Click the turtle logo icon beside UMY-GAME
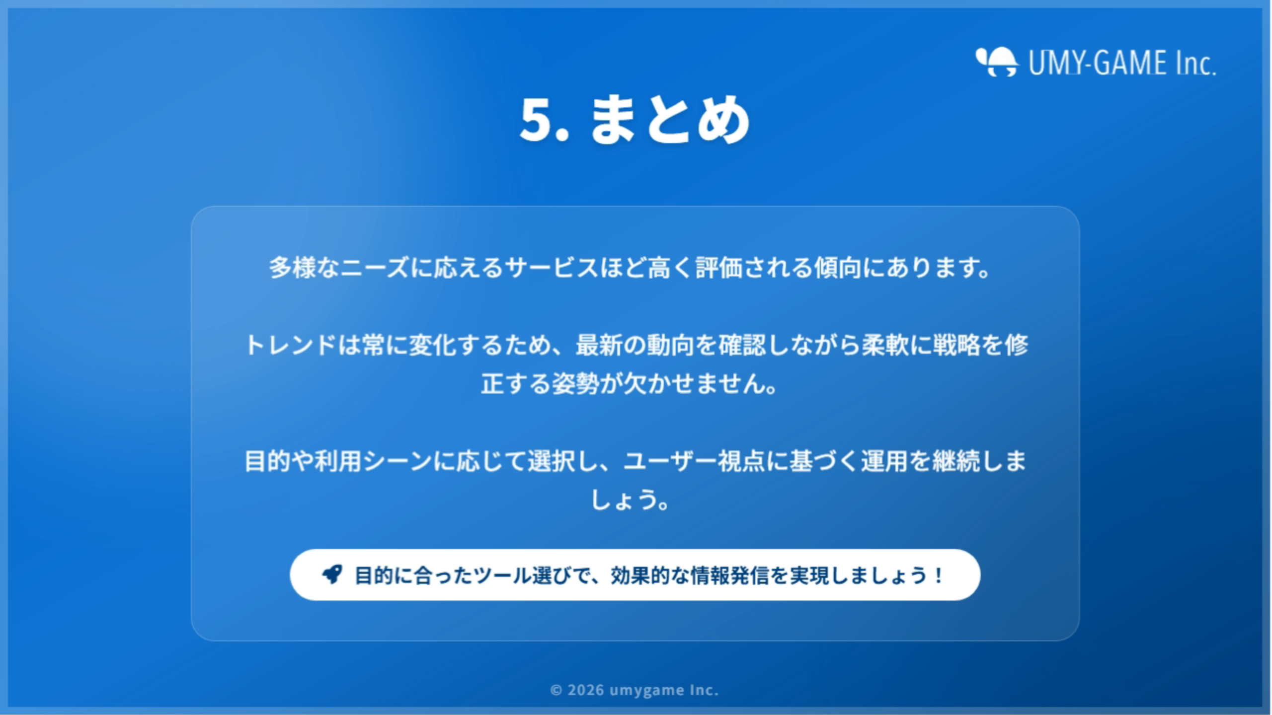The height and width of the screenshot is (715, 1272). (997, 62)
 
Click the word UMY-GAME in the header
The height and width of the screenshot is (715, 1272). (1098, 63)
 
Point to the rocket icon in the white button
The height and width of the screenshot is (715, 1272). (332, 574)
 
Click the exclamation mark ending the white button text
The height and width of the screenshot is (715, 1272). (938, 575)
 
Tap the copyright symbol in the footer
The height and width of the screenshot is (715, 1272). (556, 690)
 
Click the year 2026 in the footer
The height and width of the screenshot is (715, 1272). (586, 690)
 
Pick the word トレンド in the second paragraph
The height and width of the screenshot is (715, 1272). (291, 345)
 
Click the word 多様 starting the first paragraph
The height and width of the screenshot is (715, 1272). (293, 268)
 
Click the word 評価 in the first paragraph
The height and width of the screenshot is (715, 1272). (719, 268)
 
